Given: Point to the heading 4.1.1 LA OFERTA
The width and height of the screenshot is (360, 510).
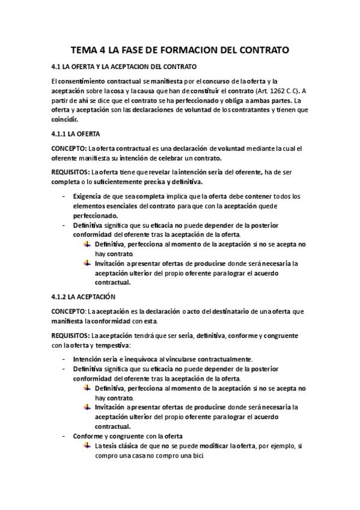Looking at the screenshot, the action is click(x=76, y=133).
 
